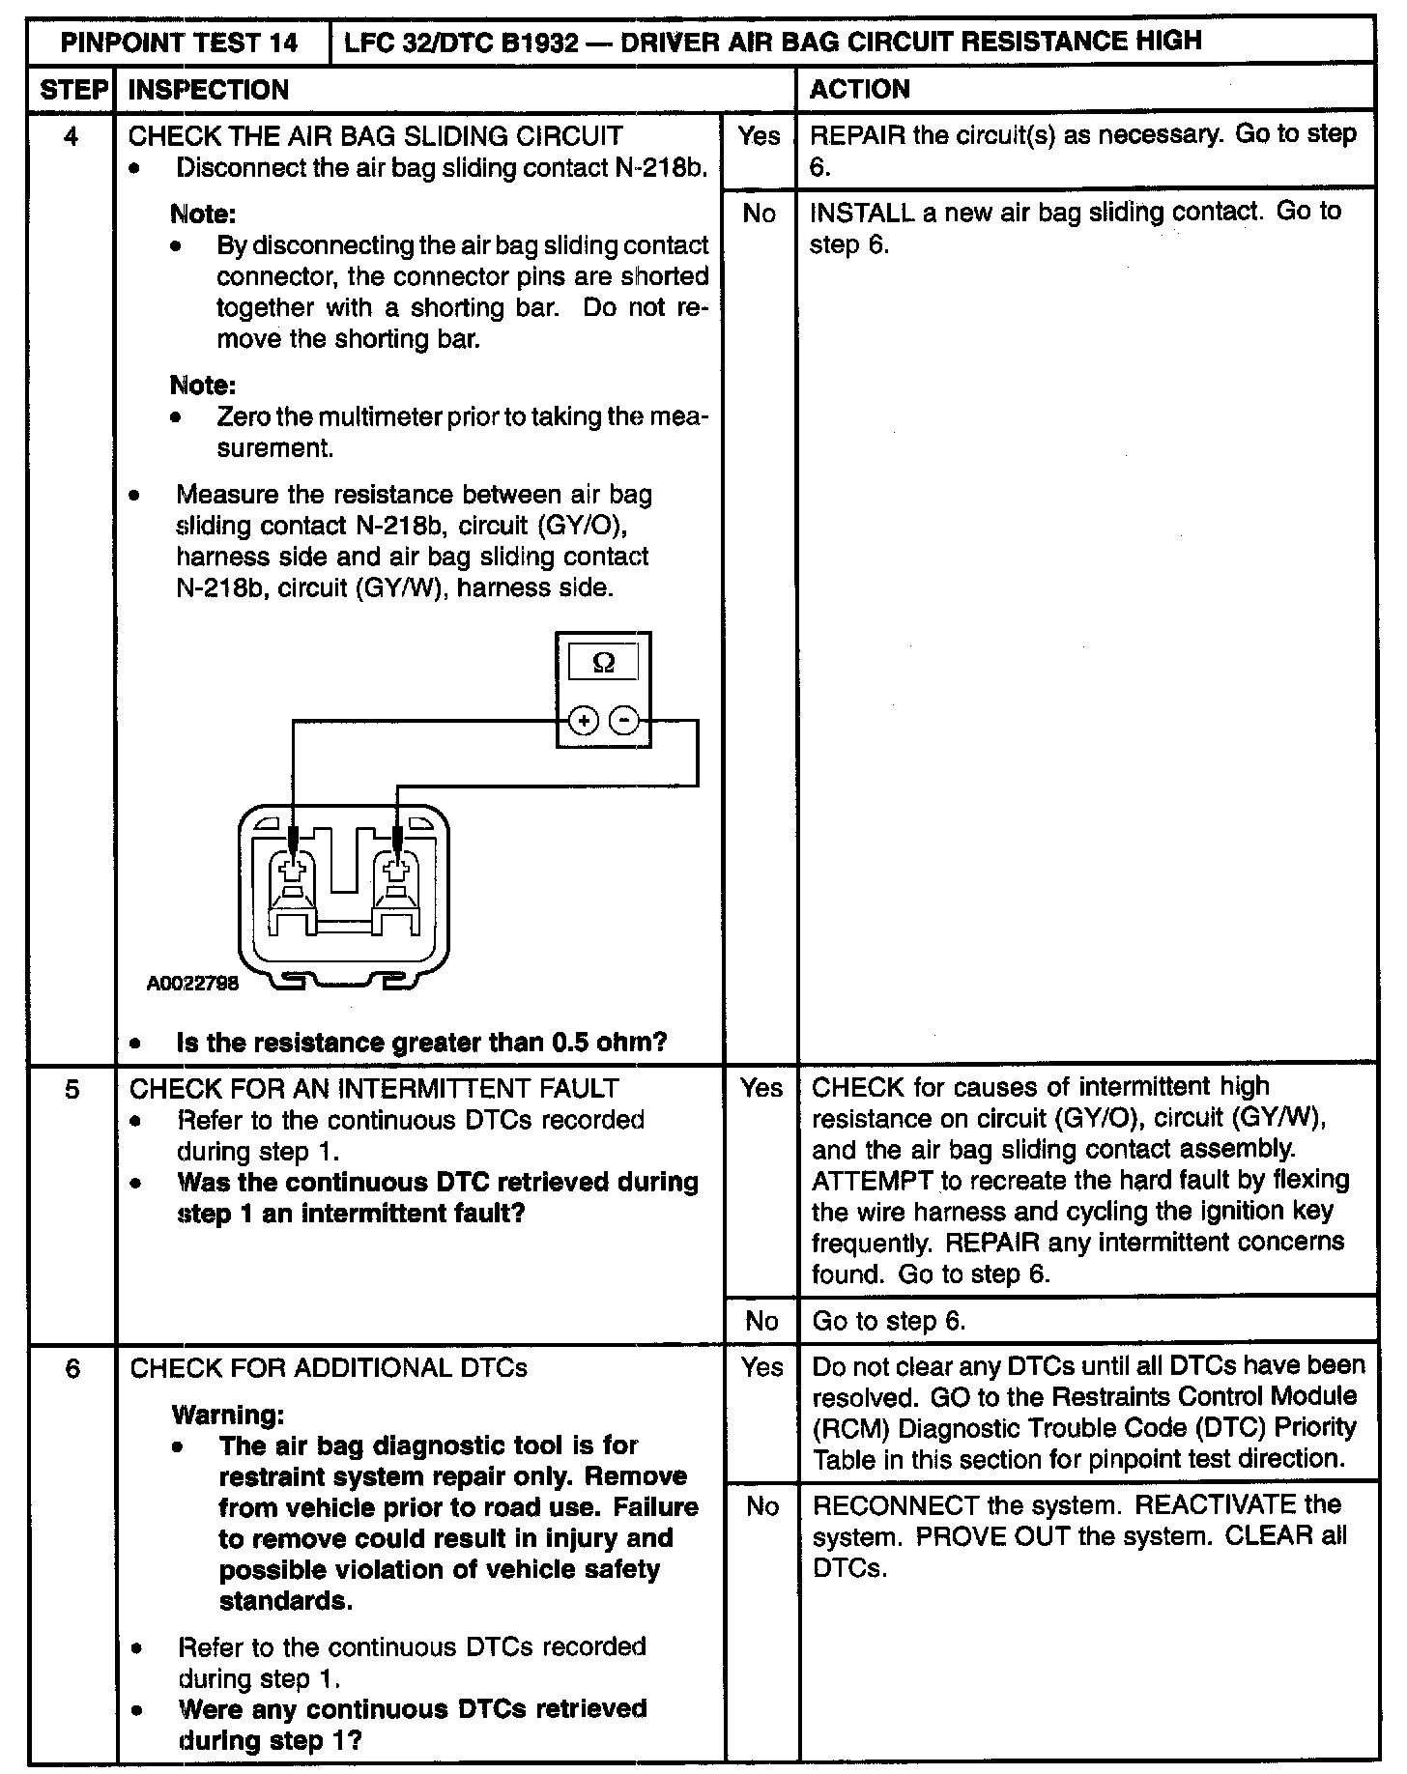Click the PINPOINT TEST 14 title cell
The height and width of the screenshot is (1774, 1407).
pos(180,43)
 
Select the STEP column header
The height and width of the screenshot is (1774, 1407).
pos(72,90)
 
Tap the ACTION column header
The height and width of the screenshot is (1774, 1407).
pos(859,90)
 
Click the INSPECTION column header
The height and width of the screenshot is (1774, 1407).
pos(209,90)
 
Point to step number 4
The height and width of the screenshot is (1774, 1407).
pos(71,136)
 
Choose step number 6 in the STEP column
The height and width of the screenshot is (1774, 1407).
pos(72,1368)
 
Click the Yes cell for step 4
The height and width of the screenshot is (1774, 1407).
pos(760,136)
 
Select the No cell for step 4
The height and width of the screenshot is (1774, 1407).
pos(760,214)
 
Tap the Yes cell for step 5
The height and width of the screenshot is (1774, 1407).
pos(761,1089)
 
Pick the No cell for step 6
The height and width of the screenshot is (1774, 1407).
pos(761,1506)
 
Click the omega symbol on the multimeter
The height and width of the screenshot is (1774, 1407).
pos(603,663)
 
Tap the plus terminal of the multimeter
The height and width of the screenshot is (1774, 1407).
pos(583,721)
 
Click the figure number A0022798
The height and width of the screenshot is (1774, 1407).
pos(192,984)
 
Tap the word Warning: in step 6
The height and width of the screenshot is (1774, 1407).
pos(228,1415)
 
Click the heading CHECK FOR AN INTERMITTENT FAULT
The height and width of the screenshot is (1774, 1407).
pos(374,1089)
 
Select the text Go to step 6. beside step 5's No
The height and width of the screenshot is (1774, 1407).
pos(889,1321)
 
